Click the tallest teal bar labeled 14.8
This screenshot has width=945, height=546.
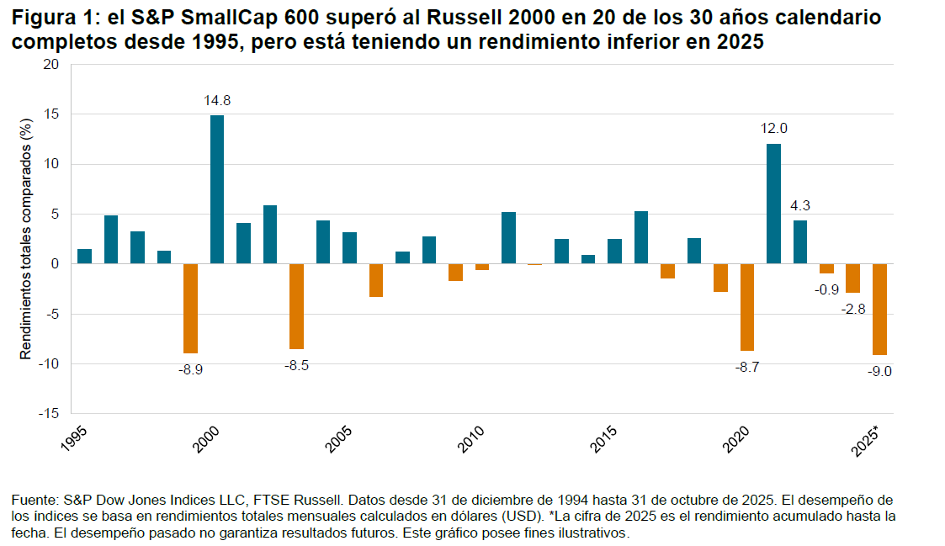tap(216, 189)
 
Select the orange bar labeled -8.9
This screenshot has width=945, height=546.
tap(190, 308)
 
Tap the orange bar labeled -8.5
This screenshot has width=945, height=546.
tap(296, 306)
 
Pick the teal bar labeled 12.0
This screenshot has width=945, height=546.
tap(773, 204)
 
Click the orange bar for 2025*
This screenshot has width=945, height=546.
tap(879, 309)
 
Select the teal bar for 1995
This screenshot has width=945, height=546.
tap(84, 257)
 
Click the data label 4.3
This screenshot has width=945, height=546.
tap(800, 204)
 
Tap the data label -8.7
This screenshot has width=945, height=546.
tap(747, 367)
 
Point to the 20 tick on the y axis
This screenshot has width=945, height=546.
tap(51, 65)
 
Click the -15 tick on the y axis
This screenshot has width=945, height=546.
tap(49, 414)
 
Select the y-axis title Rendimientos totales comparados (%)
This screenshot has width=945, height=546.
tap(26, 239)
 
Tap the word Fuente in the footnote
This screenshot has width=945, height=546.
tap(32, 501)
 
